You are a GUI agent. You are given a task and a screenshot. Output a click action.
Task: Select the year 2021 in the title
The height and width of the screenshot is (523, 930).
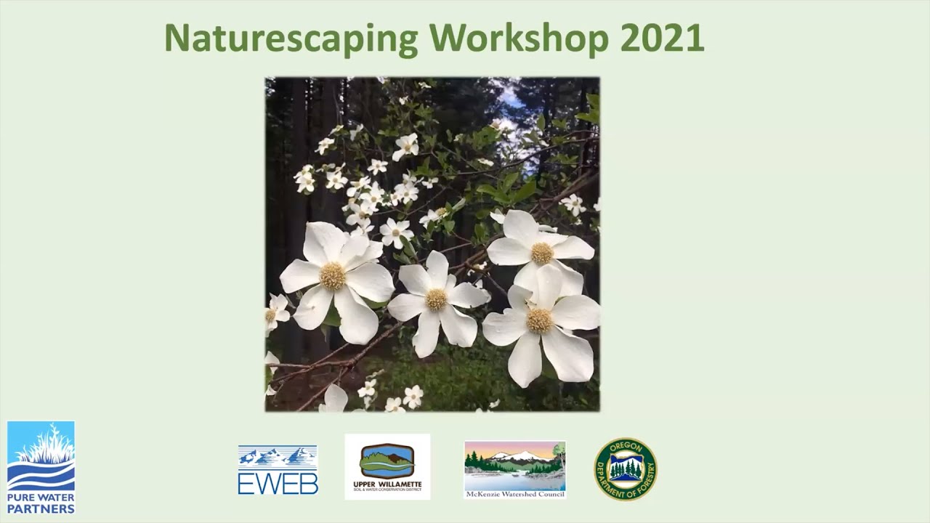tap(662, 38)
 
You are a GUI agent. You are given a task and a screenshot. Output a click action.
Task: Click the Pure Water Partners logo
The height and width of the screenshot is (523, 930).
tap(41, 468)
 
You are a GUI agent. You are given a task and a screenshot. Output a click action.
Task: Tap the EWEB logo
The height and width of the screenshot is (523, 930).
tap(278, 470)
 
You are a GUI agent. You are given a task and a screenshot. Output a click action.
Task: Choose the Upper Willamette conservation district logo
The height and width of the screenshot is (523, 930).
tap(387, 466)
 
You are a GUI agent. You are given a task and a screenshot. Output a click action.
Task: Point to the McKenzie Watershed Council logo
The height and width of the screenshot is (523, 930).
tap(514, 469)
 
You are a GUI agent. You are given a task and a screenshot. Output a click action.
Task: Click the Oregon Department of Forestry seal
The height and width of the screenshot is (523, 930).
tap(626, 469)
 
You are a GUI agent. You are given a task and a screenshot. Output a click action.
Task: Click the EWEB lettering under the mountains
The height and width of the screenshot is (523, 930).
tap(278, 483)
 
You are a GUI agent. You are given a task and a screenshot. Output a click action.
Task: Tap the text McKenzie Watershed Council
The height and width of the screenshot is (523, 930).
tap(514, 494)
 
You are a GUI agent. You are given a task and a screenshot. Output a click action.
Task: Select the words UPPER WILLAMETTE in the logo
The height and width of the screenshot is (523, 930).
tap(387, 484)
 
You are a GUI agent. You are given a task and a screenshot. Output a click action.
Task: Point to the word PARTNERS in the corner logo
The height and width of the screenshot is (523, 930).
tap(41, 508)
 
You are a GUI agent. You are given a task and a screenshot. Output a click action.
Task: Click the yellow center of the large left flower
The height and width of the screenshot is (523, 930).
tap(333, 276)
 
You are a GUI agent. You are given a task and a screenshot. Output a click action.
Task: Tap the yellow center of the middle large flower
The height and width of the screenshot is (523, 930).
tap(436, 299)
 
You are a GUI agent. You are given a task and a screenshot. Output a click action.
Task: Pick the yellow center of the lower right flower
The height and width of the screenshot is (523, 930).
tap(539, 320)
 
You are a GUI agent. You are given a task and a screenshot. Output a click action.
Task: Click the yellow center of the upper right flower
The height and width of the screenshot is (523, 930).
tap(542, 253)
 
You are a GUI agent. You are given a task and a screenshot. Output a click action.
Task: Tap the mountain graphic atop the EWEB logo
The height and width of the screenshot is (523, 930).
tap(278, 456)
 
